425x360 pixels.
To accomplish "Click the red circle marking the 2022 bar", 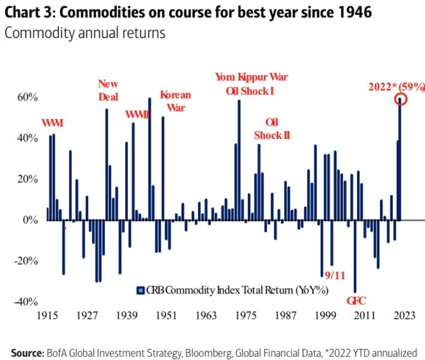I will click(401, 99).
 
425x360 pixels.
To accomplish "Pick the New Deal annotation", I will click(108, 91).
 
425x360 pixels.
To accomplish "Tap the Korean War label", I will click(175, 100).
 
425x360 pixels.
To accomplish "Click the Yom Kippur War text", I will click(251, 77).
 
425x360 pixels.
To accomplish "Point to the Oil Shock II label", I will click(272, 128).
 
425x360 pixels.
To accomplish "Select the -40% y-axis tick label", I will click(25, 302).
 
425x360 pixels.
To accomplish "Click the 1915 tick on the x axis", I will click(47, 316).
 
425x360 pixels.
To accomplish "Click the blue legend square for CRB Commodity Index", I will click(139, 290).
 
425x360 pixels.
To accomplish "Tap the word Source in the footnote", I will click(27, 352).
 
